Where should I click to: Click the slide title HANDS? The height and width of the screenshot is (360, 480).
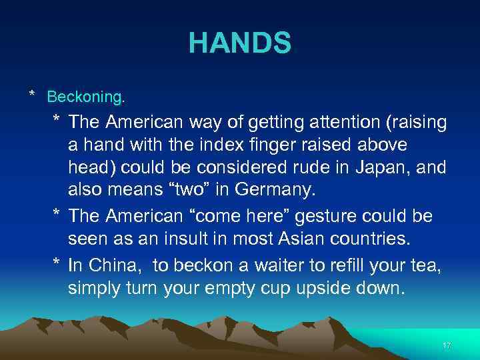240,43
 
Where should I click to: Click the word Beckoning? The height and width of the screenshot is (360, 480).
85,97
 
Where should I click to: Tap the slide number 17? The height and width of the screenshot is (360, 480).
447,345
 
